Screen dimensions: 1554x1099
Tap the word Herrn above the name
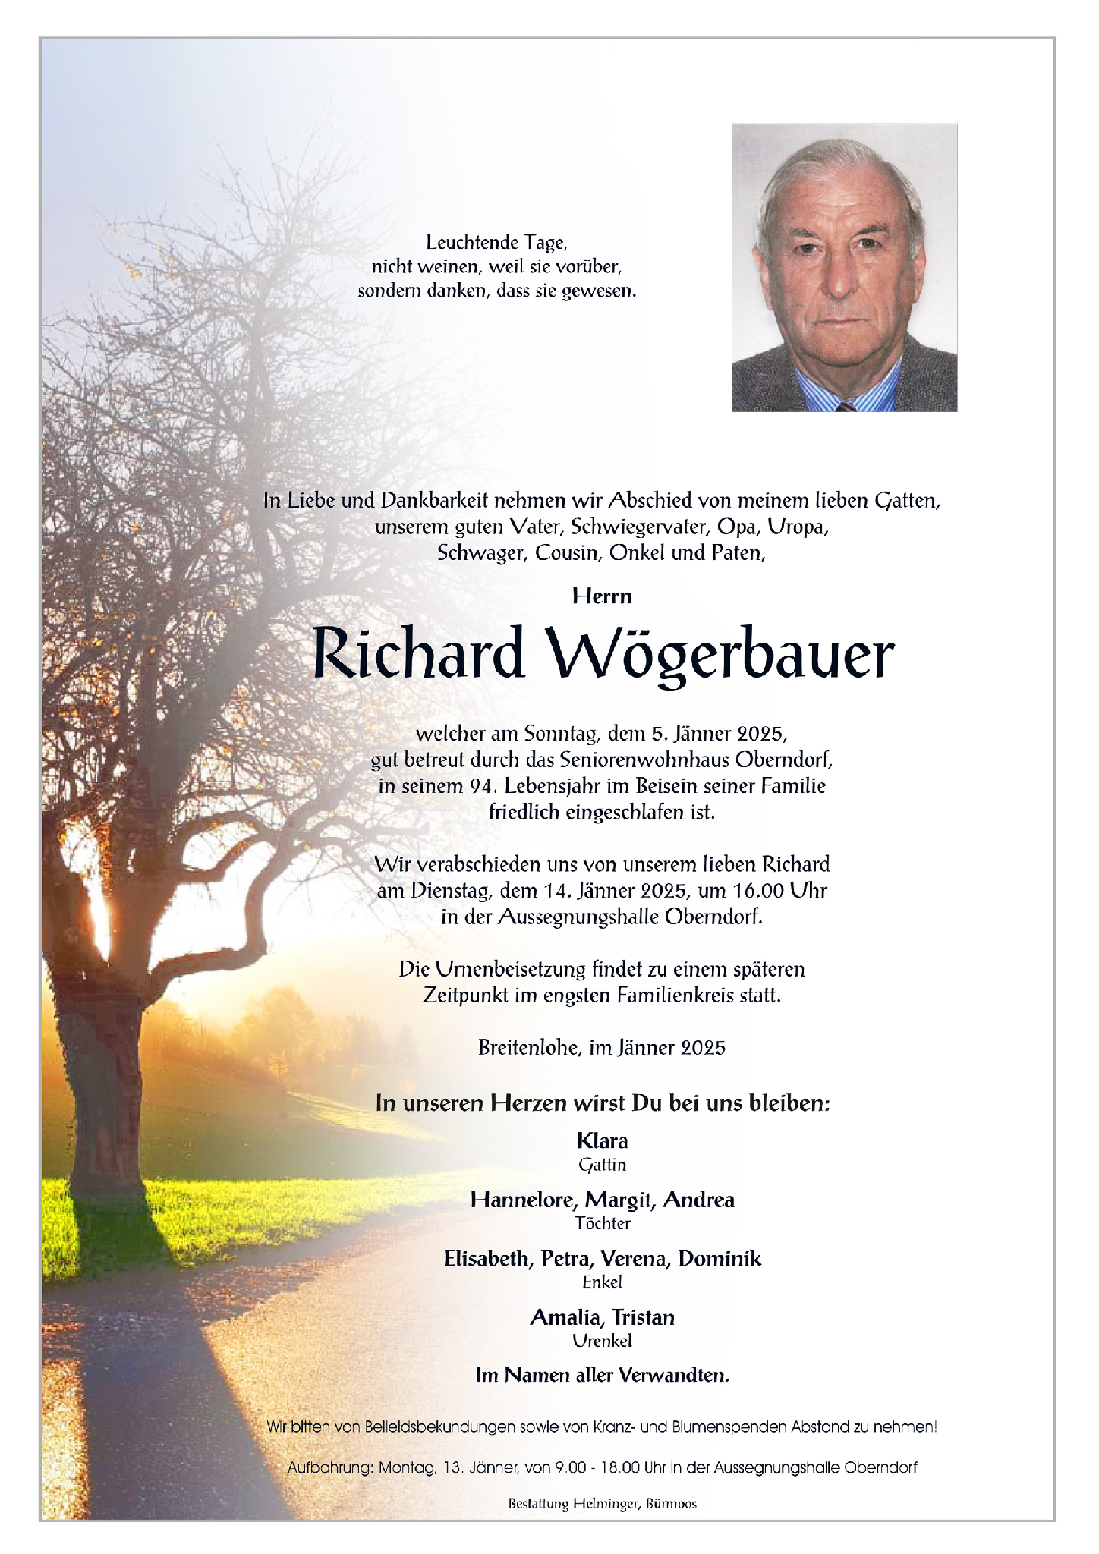(x=602, y=596)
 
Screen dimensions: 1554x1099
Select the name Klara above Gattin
(x=603, y=1141)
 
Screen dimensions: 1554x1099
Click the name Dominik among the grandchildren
(x=720, y=1259)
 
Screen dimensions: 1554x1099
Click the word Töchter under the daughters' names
(x=603, y=1223)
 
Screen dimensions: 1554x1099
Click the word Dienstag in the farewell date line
(x=452, y=890)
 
